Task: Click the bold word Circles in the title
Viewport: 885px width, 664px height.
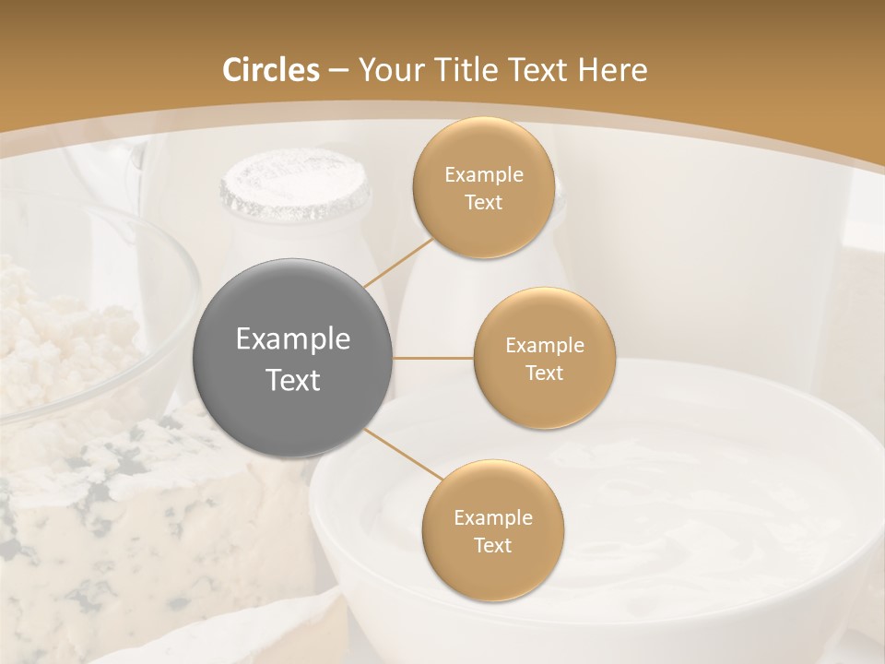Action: pyautogui.click(x=270, y=70)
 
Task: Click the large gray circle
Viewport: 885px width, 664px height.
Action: pyautogui.click(x=292, y=358)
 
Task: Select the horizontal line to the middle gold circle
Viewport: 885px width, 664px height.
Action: pyautogui.click(x=433, y=358)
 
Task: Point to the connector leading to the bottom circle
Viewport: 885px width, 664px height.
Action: pyautogui.click(x=403, y=454)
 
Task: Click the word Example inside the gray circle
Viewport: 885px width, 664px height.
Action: pyautogui.click(x=292, y=338)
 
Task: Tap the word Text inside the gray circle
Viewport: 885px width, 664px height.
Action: pyautogui.click(x=292, y=380)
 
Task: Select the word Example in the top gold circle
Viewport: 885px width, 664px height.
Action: pyautogui.click(x=483, y=174)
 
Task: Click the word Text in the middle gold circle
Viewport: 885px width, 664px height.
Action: pyautogui.click(x=544, y=373)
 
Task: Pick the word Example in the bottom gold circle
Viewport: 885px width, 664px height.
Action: pyautogui.click(x=492, y=517)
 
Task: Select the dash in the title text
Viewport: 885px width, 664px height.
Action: pyautogui.click(x=337, y=71)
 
